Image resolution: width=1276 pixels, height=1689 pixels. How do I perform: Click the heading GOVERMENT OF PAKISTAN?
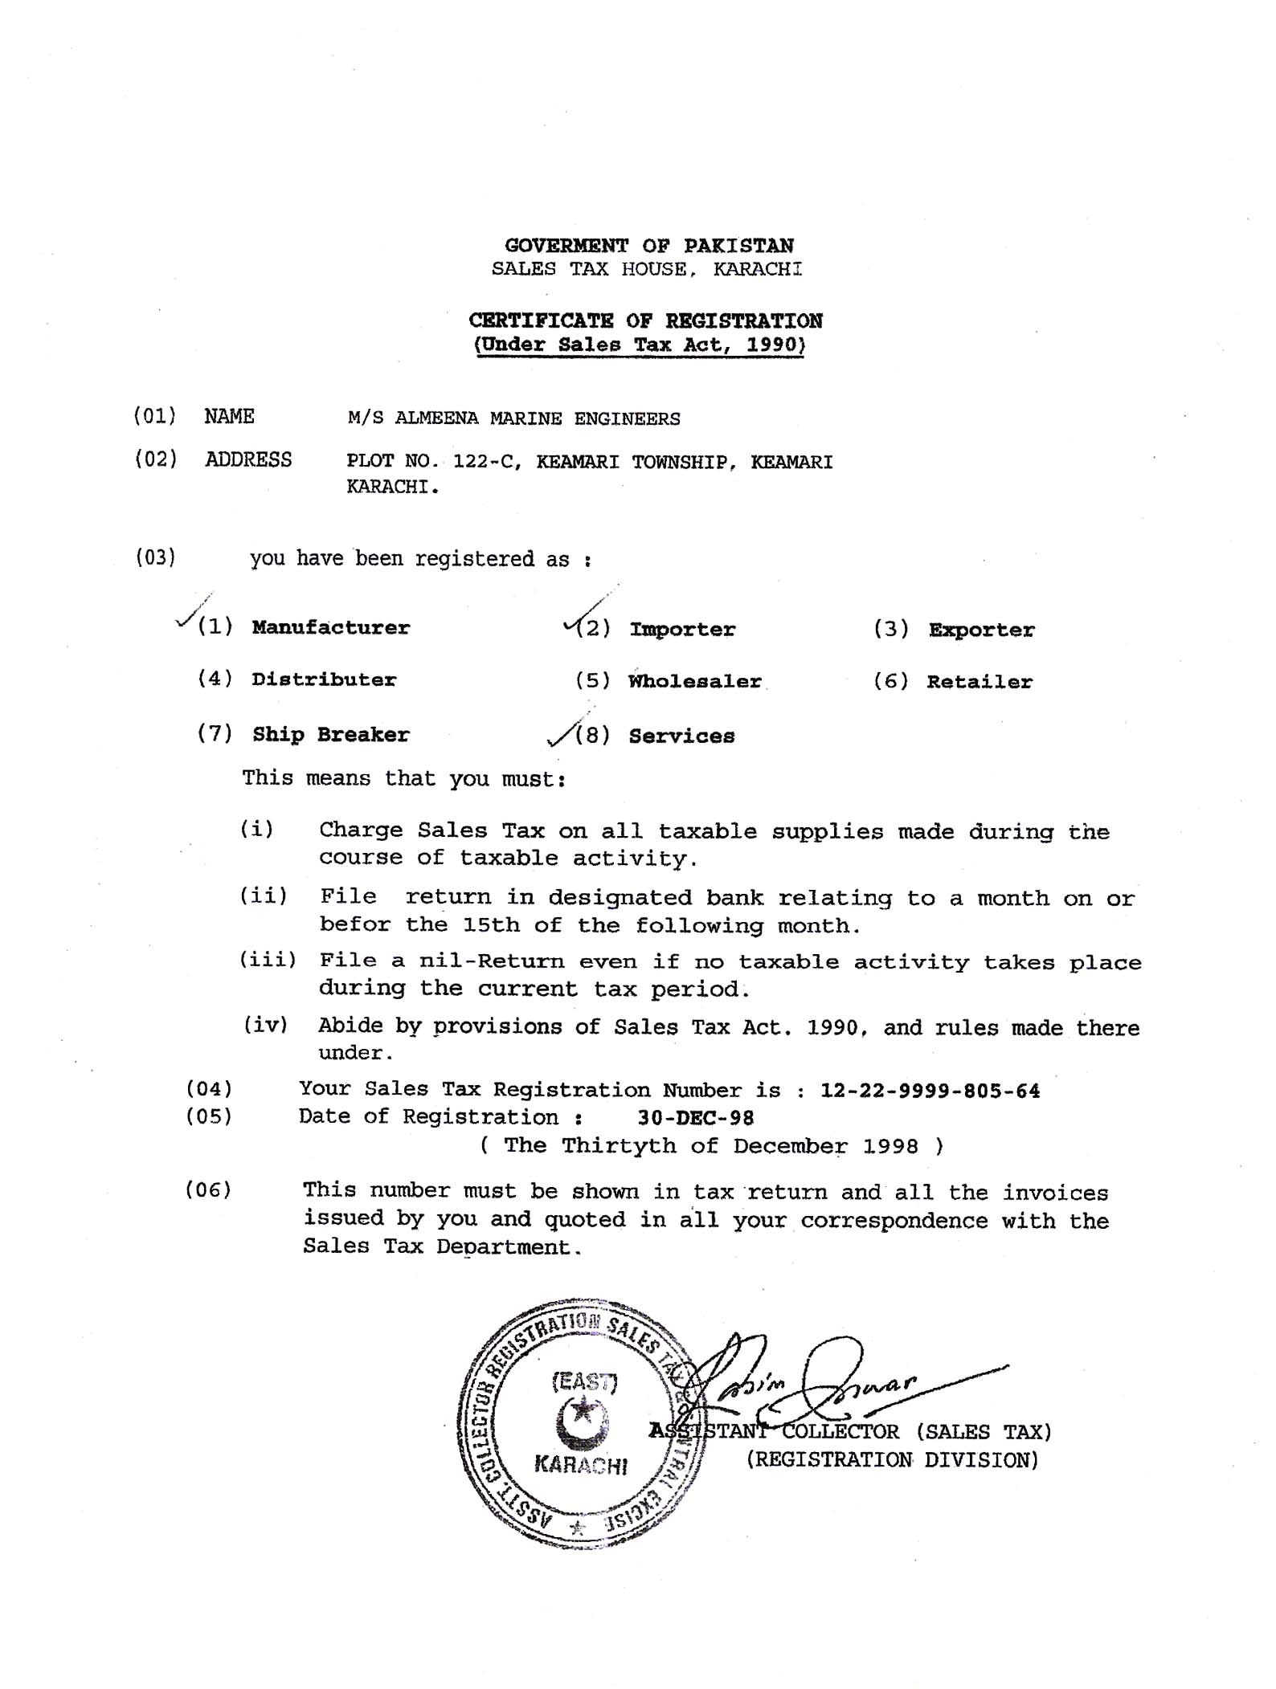point(648,245)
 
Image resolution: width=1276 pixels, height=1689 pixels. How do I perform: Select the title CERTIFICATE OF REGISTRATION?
point(645,320)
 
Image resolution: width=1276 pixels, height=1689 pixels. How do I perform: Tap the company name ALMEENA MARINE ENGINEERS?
point(537,418)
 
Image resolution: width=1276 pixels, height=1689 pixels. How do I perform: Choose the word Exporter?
point(981,630)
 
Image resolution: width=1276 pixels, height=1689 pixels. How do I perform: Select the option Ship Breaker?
point(330,734)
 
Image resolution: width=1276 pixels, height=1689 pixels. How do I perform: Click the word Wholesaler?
point(694,681)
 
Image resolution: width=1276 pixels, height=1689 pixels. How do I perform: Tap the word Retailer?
point(979,682)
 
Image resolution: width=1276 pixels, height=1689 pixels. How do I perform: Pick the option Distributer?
point(323,679)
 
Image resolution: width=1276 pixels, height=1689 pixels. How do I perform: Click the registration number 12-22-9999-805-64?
point(930,1091)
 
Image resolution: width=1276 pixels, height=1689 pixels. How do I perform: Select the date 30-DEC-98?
point(695,1118)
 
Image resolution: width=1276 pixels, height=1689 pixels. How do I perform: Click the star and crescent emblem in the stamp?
point(583,1425)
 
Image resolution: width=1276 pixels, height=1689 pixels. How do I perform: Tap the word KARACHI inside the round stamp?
point(581,1465)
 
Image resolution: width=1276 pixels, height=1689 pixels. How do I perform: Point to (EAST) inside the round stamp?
point(584,1382)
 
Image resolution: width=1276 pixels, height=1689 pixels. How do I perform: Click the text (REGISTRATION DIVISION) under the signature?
point(892,1459)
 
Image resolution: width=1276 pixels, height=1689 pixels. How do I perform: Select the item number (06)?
point(208,1189)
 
